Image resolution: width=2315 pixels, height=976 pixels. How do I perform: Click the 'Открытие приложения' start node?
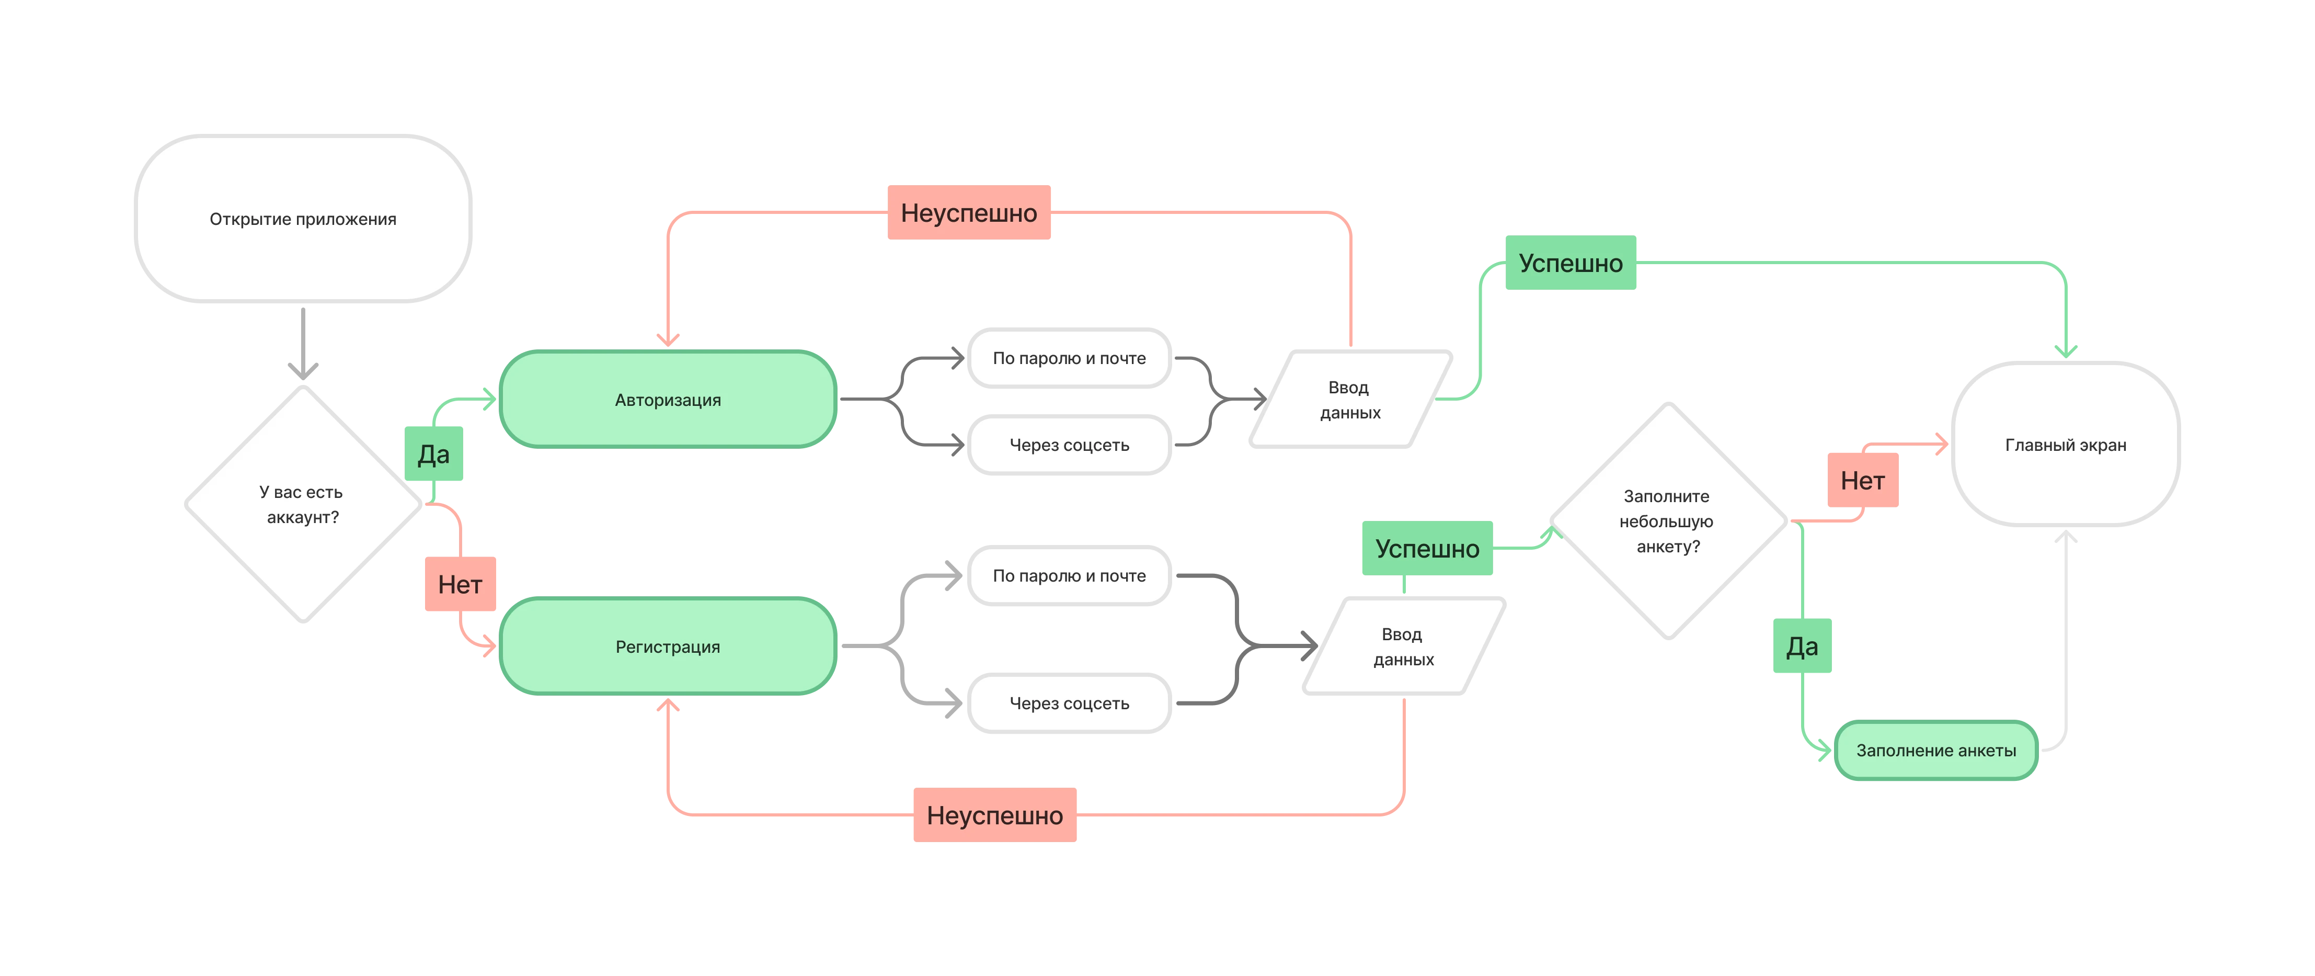[303, 219]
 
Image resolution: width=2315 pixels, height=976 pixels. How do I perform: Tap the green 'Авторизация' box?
[668, 399]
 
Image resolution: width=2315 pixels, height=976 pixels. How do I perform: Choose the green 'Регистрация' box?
[668, 646]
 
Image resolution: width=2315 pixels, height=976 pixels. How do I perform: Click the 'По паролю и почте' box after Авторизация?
[1070, 358]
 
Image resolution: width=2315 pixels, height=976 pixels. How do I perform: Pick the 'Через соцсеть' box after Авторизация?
[1070, 445]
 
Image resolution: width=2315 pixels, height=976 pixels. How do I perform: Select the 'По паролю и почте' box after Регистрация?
[1070, 575]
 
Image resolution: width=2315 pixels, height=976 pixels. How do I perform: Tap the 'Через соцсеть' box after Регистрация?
[1070, 703]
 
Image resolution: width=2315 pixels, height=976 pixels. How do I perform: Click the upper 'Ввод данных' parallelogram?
[1350, 399]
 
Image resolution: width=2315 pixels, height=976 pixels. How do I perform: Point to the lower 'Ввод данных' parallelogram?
[1404, 646]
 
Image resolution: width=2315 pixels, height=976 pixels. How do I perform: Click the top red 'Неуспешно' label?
[969, 212]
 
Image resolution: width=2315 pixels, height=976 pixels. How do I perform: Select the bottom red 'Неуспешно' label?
[995, 815]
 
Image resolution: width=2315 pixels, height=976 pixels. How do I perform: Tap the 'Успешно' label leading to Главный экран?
[1571, 263]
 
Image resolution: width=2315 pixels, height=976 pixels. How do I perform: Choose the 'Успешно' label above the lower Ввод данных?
[1427, 548]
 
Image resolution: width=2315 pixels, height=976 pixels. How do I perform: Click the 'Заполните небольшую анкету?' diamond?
[1668, 521]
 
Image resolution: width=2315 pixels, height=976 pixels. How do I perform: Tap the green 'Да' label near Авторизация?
[434, 454]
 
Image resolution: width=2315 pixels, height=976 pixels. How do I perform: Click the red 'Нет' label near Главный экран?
[1863, 480]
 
